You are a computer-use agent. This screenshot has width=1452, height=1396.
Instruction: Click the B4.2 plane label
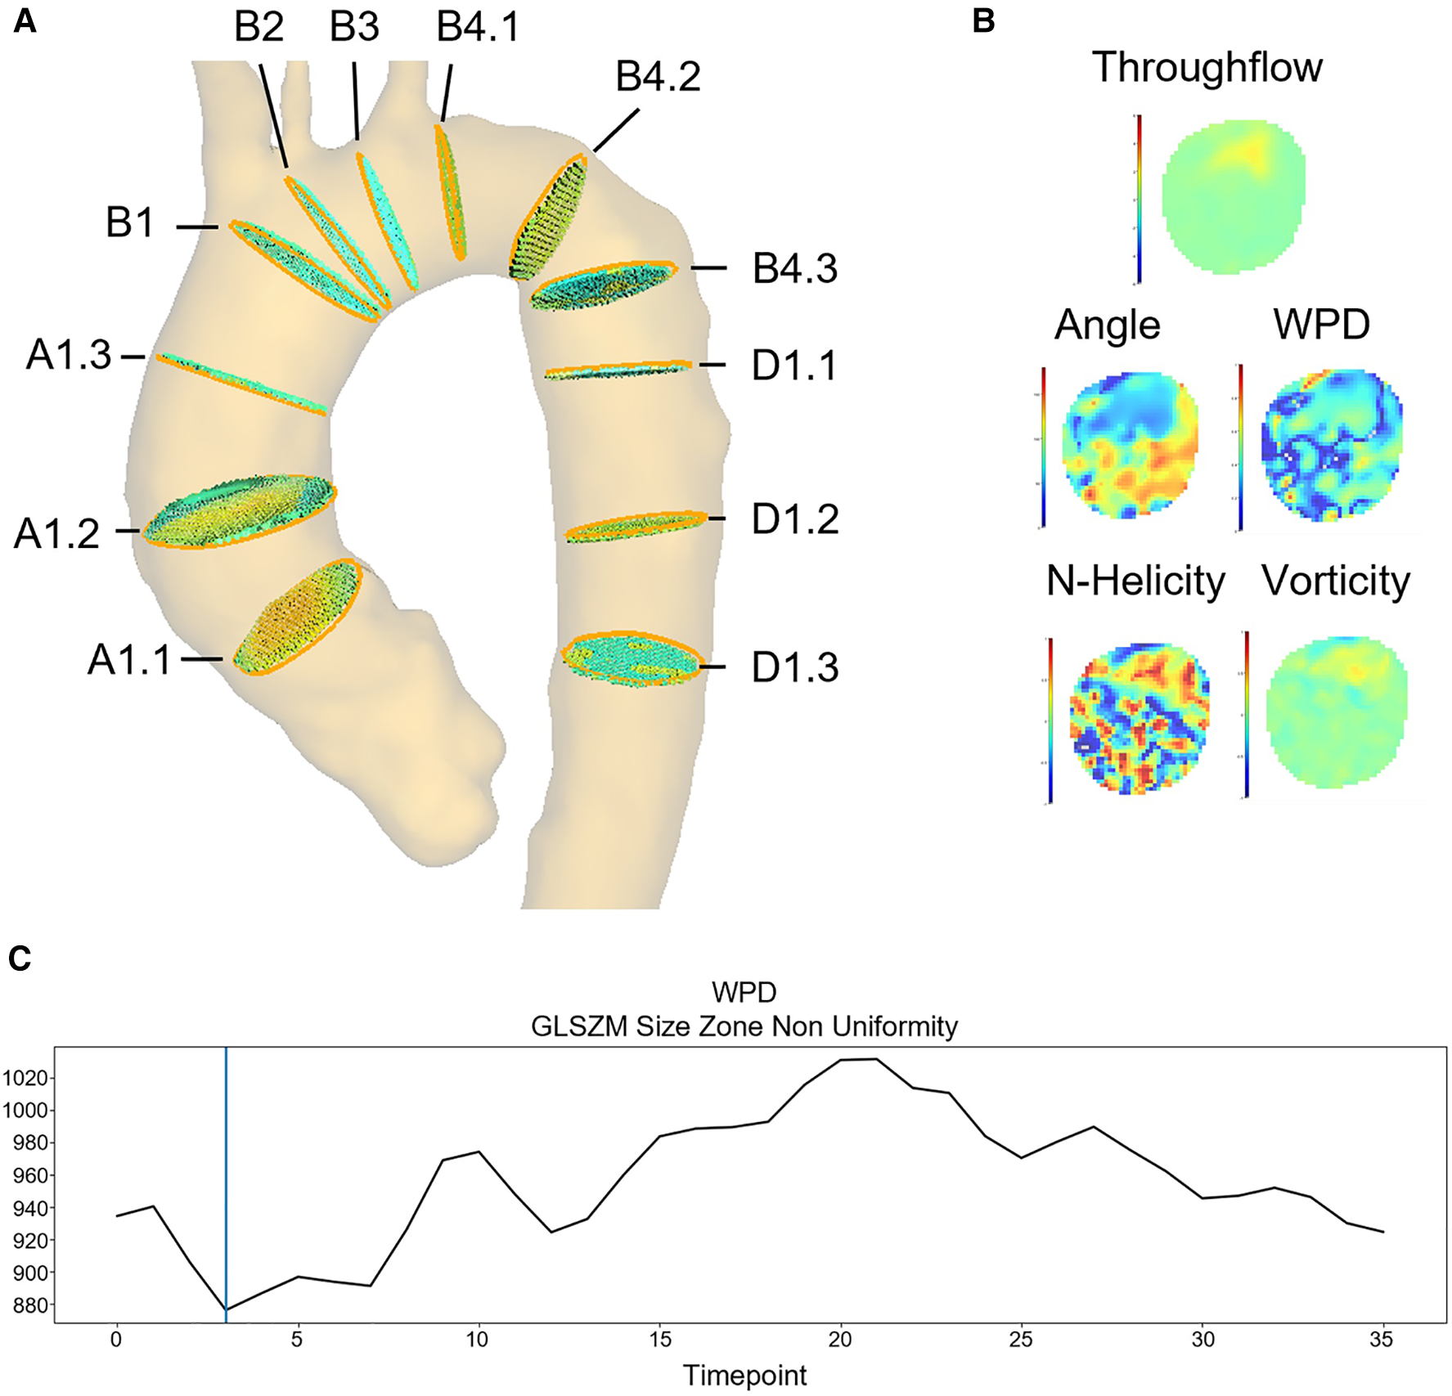point(658,77)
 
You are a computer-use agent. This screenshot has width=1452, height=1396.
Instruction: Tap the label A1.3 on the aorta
point(69,356)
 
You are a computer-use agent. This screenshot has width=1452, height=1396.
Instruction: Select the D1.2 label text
point(795,519)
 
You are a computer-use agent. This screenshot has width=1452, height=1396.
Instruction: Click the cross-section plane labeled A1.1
point(297,617)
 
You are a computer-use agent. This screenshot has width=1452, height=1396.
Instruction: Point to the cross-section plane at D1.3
point(632,658)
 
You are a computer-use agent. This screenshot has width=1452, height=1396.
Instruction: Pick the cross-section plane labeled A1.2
point(239,511)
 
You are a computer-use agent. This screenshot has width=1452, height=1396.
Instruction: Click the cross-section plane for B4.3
point(603,285)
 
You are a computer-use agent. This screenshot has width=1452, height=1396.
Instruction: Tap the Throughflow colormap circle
point(1233,196)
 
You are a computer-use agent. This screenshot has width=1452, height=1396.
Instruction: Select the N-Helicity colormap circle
point(1138,718)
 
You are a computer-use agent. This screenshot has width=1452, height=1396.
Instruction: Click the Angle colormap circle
point(1130,446)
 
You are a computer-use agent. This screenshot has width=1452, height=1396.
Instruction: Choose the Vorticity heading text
point(1335,581)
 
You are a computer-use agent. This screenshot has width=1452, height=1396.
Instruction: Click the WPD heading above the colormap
point(1321,325)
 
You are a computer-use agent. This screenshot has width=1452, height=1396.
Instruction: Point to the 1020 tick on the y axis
point(27,1078)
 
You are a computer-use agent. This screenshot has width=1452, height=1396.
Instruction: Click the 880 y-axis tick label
point(30,1305)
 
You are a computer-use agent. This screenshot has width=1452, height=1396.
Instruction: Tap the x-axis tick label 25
point(1020,1340)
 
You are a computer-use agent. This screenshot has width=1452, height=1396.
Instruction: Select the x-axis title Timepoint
point(744,1376)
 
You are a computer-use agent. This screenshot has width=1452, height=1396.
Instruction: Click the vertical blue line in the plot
point(226,1186)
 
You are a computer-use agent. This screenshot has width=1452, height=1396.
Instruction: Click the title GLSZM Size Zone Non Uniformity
point(744,1026)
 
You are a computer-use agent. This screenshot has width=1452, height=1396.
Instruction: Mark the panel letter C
point(20,958)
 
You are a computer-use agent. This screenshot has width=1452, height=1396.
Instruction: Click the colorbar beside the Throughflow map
point(1139,199)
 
